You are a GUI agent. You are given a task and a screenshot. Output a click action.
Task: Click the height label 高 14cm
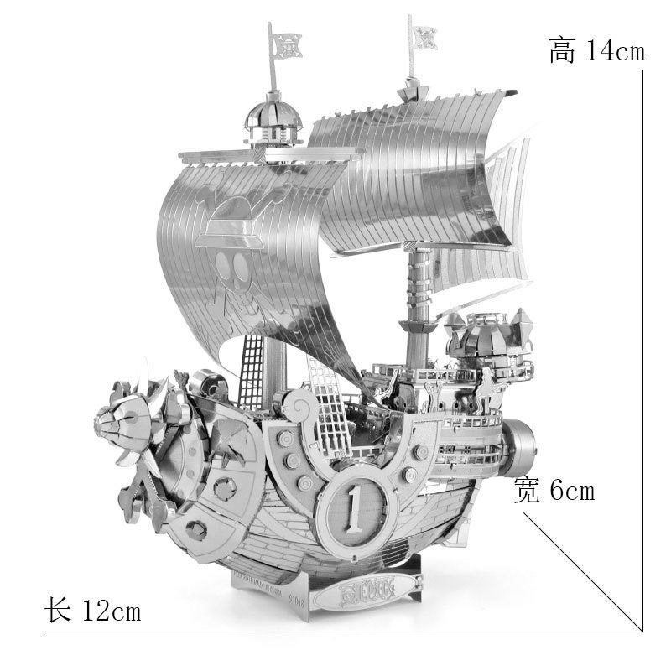pyautogui.click(x=596, y=50)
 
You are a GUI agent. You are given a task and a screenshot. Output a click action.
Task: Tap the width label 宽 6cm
pyautogui.click(x=554, y=490)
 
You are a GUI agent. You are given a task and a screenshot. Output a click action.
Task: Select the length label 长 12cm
pyautogui.click(x=92, y=611)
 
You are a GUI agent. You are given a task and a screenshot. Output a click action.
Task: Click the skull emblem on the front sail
pyautogui.click(x=231, y=268)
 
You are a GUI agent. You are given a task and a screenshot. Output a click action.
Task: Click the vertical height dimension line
pyautogui.click(x=642, y=335)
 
